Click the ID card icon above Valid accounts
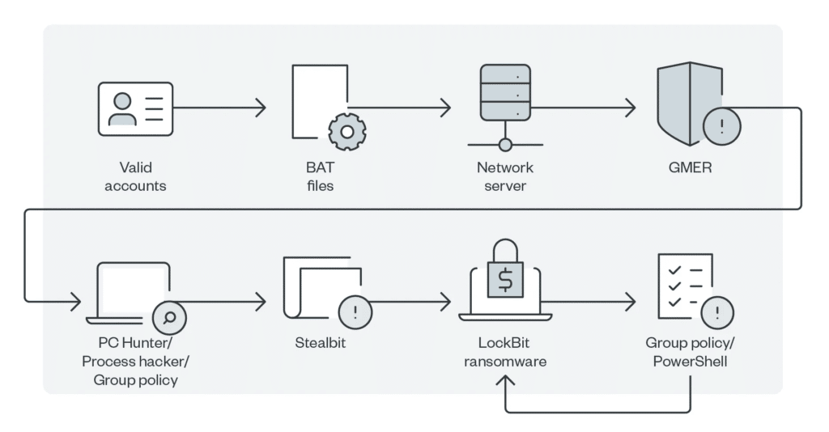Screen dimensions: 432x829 coord(135,108)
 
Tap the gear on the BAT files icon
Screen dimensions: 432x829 coord(347,132)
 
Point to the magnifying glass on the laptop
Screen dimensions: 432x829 coord(170,317)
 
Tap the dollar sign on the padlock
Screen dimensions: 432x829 coord(505,281)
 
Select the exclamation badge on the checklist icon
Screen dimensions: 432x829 coord(718,312)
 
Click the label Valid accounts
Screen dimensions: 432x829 coord(135,176)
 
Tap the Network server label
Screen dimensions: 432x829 coord(505,176)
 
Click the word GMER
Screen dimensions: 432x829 coord(690,168)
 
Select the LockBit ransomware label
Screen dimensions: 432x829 coord(505,352)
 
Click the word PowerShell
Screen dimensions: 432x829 coord(690,361)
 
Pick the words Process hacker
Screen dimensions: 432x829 coord(135,361)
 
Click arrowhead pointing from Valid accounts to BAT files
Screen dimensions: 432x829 coord(261,108)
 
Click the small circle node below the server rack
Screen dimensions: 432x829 coord(505,145)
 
